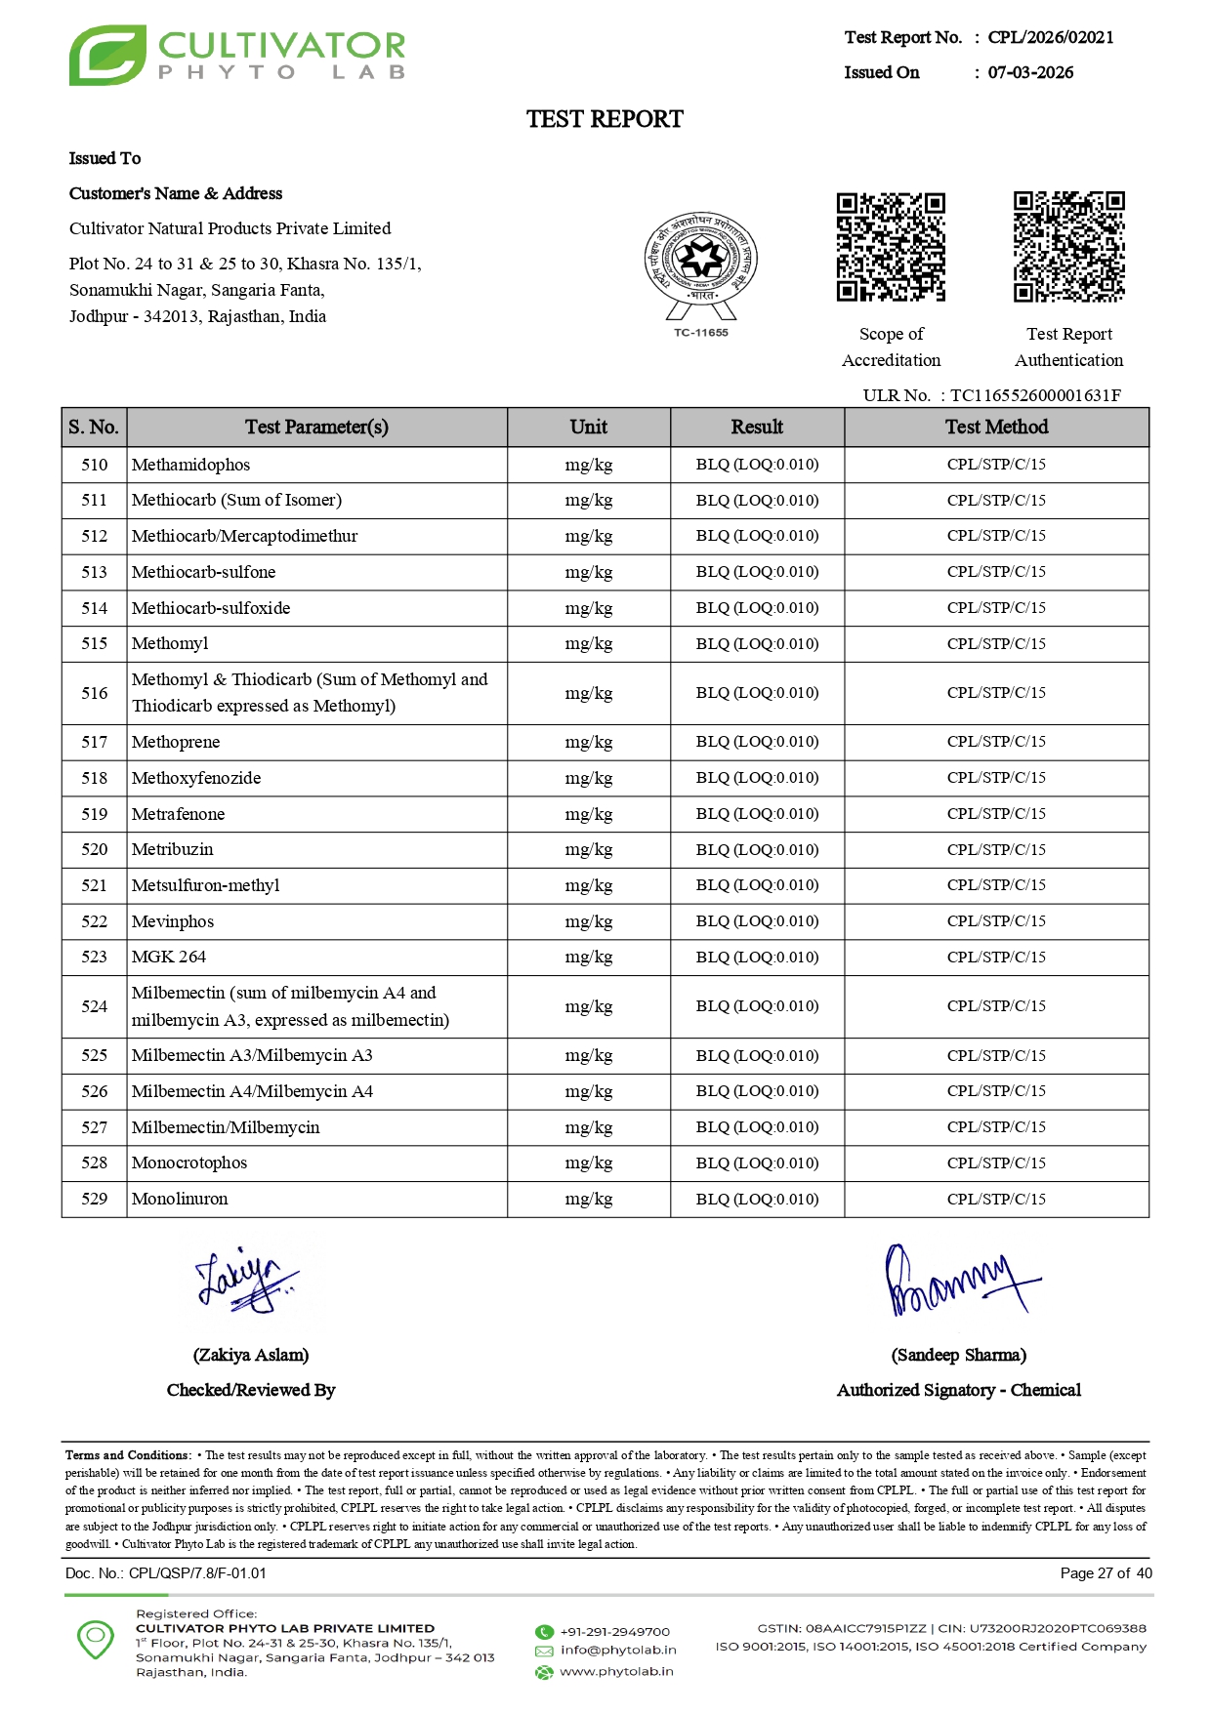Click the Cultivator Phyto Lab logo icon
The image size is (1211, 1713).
click(107, 56)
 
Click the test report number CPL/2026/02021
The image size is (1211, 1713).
click(1050, 37)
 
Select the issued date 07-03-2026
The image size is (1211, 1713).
click(1030, 72)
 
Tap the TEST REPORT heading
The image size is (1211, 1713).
click(605, 119)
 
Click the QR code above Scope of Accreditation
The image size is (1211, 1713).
click(891, 247)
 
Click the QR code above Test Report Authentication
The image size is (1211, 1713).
click(1068, 247)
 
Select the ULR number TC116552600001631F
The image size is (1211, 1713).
click(1035, 395)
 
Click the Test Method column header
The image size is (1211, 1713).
click(996, 427)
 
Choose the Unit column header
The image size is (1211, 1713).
click(588, 427)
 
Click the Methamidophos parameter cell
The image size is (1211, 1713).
click(191, 465)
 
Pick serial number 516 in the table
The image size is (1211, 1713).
click(95, 693)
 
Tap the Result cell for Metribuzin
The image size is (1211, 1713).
click(757, 849)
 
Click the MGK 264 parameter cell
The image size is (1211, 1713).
click(169, 957)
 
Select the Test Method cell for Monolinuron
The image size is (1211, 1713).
click(996, 1199)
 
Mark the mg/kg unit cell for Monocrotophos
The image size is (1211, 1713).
click(588, 1162)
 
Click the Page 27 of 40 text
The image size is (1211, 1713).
click(1106, 1572)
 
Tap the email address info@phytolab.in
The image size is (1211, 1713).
click(618, 1650)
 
